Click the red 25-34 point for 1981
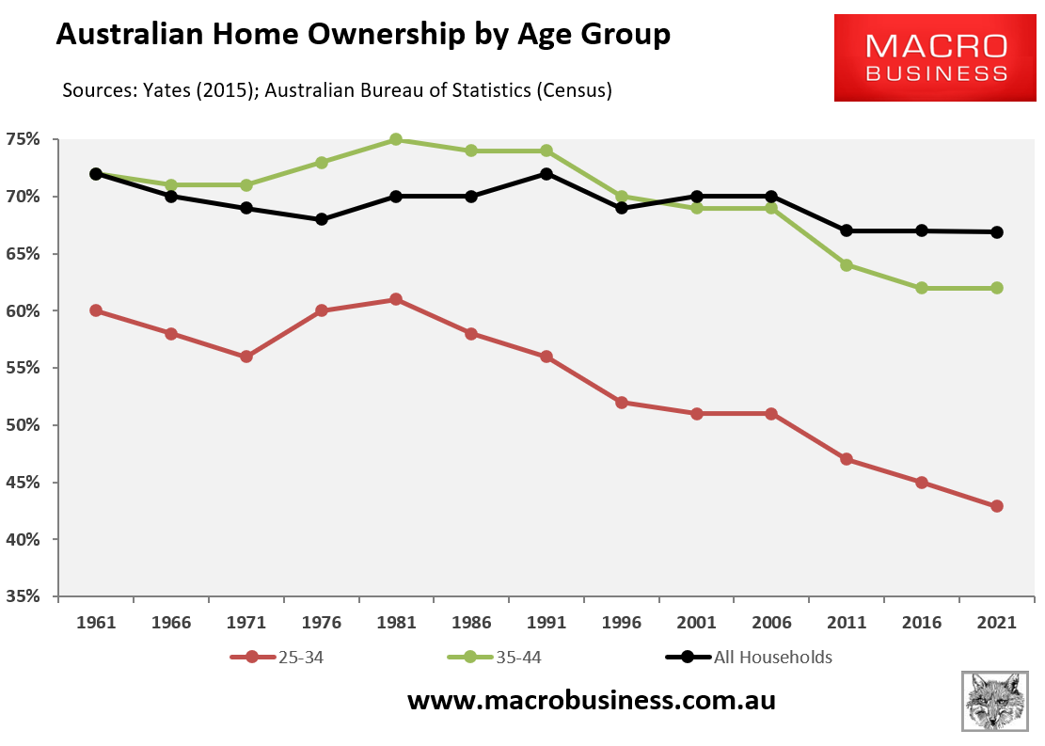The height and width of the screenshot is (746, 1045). pyautogui.click(x=396, y=299)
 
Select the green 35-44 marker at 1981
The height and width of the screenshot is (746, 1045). pyautogui.click(x=396, y=139)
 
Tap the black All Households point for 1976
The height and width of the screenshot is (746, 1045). pyautogui.click(x=322, y=219)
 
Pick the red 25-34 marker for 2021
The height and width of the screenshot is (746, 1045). pyautogui.click(x=997, y=506)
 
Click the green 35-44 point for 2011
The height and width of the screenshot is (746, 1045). pyautogui.click(x=847, y=265)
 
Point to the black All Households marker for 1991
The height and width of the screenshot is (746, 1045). pyautogui.click(x=546, y=174)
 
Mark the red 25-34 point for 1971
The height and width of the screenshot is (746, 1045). pyautogui.click(x=246, y=357)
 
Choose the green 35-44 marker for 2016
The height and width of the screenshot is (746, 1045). pyautogui.click(x=922, y=288)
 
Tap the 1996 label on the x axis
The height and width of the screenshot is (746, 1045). pyautogui.click(x=622, y=623)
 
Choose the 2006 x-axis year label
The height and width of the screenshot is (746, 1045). pyautogui.click(x=771, y=623)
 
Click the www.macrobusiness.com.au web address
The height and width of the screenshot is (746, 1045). pyautogui.click(x=591, y=701)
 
